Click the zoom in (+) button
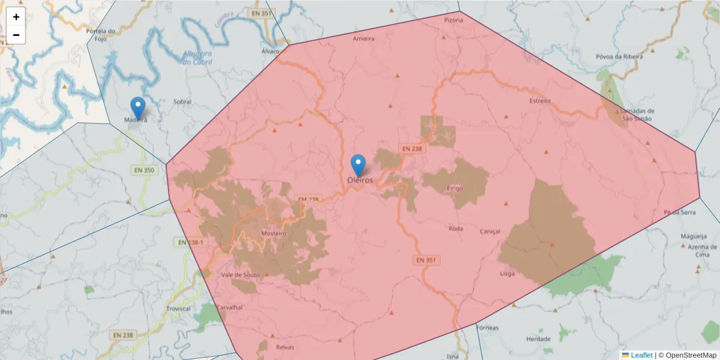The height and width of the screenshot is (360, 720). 16,17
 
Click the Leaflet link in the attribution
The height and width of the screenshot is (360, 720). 641,355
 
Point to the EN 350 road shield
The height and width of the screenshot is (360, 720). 143,170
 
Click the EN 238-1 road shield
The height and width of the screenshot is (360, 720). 190,242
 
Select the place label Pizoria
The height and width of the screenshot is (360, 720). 454,20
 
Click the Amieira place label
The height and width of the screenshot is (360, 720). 364,39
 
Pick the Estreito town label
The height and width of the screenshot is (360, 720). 540,101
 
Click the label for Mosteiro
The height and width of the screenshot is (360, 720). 274,233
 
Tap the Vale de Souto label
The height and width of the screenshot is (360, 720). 239,275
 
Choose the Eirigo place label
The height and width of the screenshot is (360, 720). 455,188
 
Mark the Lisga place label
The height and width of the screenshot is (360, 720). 508,274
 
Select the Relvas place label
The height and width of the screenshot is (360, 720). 284,347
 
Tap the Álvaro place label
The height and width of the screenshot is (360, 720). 271,52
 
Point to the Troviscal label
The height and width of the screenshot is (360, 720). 179,309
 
